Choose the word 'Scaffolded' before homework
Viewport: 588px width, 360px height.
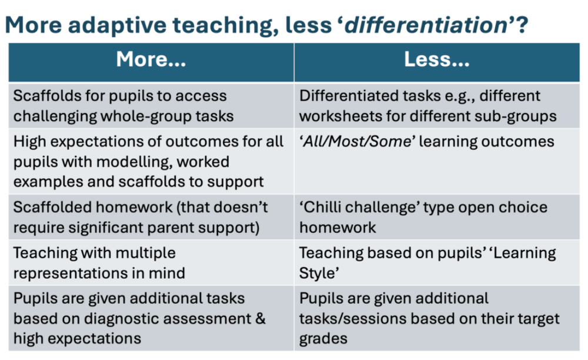[x=46, y=208]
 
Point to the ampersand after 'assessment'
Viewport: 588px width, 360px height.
[x=260, y=319]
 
